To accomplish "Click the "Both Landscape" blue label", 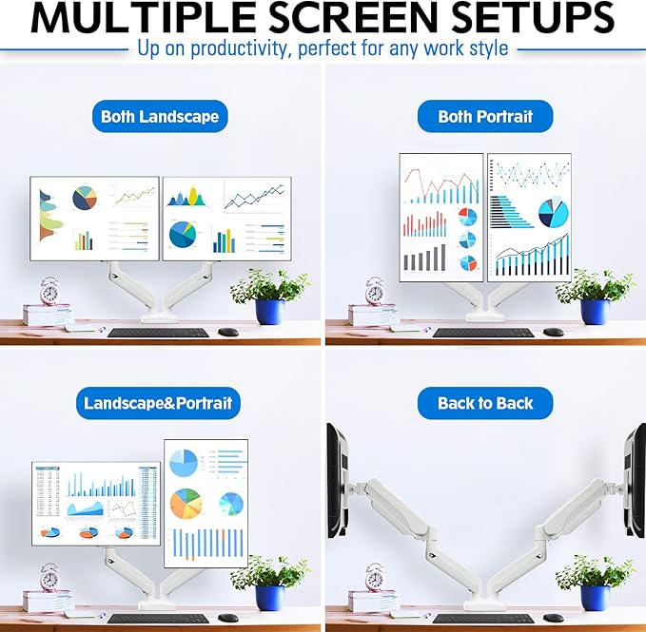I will tap(160, 117).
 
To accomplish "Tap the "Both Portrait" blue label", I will tap(485, 117).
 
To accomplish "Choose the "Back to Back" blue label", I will tap(485, 403).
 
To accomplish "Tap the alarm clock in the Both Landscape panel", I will tap(49, 290).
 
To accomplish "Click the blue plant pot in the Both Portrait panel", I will tap(595, 312).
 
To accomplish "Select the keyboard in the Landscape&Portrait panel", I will tap(159, 618).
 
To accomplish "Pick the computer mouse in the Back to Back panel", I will tap(553, 618).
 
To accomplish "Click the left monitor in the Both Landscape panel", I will tap(94, 218).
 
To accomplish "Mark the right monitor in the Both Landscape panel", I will tap(226, 218).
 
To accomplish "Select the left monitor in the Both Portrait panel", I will tap(440, 217).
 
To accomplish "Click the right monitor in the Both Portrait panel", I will tap(529, 217).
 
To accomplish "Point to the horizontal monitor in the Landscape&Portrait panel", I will tap(96, 503).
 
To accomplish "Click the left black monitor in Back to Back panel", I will tap(336, 481).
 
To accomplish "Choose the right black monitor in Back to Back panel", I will tap(635, 481).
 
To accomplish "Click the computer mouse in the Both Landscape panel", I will tap(227, 332).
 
